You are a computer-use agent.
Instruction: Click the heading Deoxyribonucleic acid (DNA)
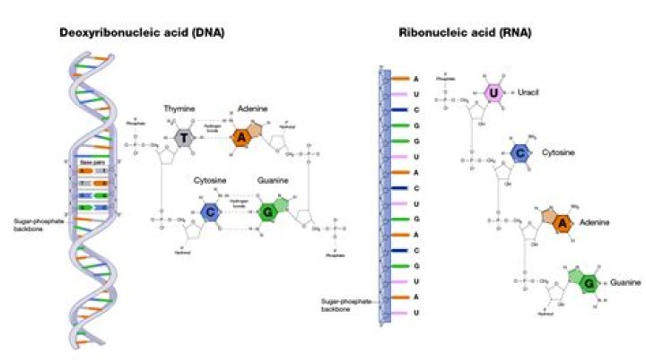tap(142, 33)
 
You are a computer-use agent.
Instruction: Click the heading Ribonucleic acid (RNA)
tap(466, 33)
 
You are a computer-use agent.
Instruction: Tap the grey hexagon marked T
tap(184, 137)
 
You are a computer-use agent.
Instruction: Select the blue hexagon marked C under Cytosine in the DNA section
tap(210, 212)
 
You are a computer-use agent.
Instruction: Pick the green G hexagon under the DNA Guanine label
tap(266, 213)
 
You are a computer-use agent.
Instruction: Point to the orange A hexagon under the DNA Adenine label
tap(240, 137)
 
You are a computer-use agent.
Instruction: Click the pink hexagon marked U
tap(493, 92)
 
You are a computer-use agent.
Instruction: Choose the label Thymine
tap(179, 108)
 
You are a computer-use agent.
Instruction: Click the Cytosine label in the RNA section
tap(558, 153)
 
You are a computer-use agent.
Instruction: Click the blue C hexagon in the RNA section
tap(519, 154)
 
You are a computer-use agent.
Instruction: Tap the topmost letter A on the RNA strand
tap(415, 79)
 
